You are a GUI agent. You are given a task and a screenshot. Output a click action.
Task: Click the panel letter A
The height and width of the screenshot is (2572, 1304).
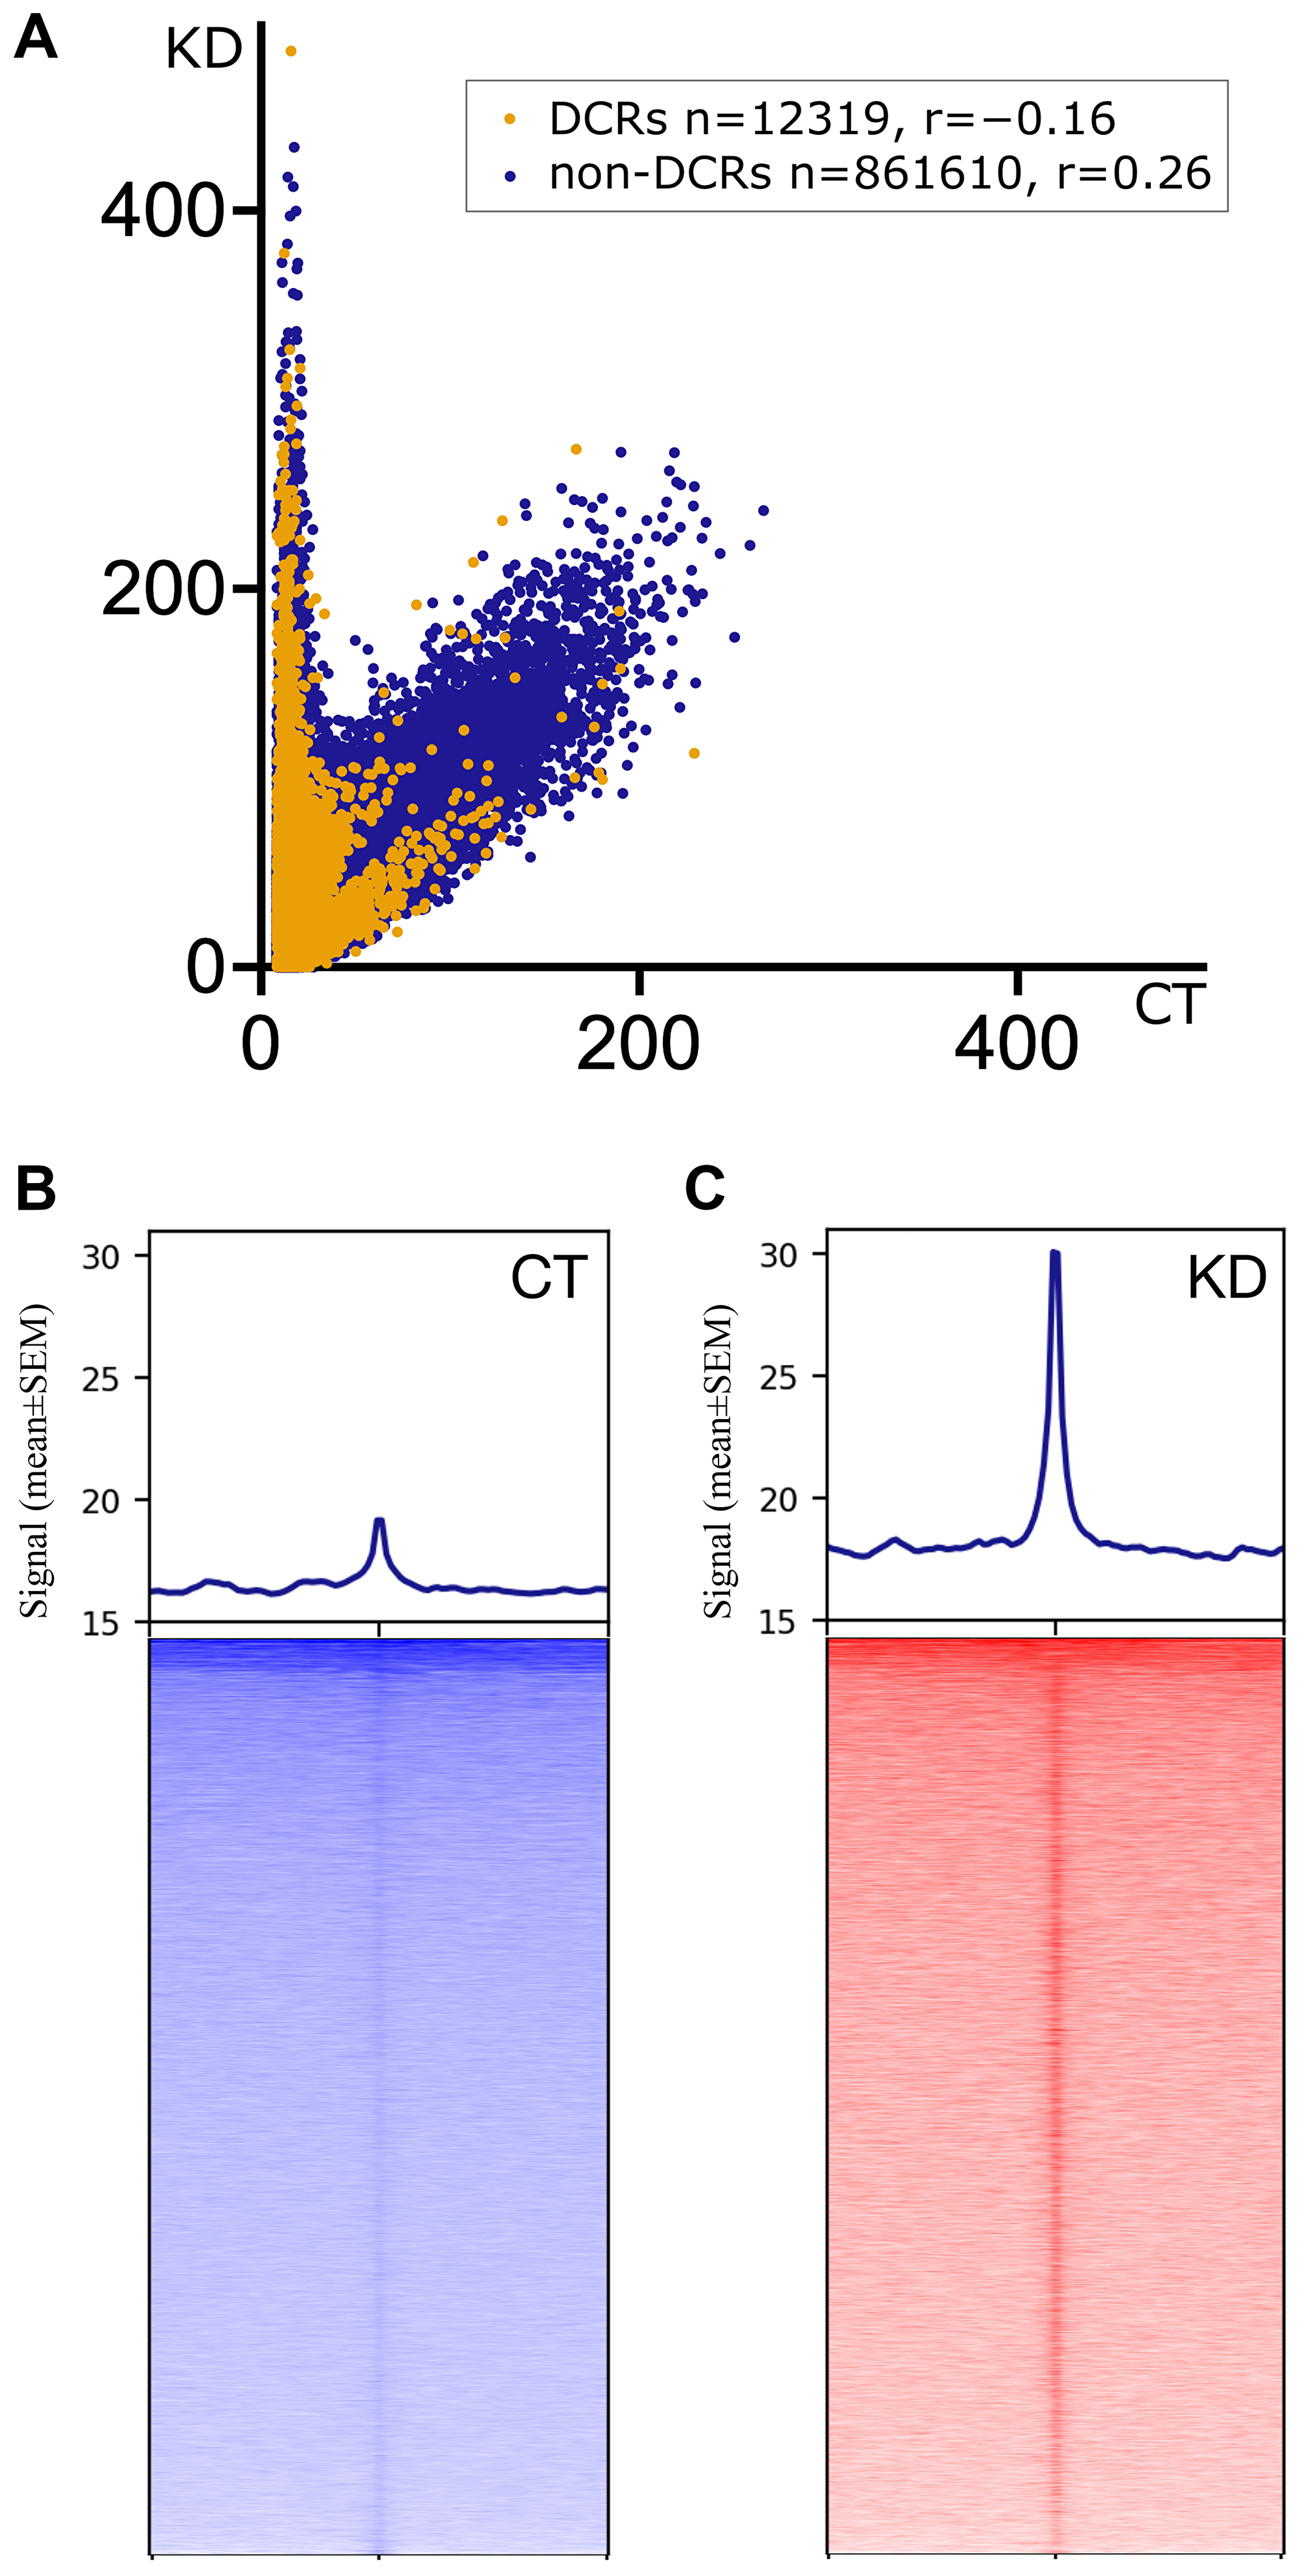tap(36, 40)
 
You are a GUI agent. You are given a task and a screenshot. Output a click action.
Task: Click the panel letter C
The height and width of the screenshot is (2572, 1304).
tap(704, 1188)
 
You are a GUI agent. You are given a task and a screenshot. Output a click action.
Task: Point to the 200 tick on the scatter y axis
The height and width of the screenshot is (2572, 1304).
tap(163, 590)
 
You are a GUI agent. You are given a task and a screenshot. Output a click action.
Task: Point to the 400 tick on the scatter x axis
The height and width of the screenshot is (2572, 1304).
tap(1016, 1044)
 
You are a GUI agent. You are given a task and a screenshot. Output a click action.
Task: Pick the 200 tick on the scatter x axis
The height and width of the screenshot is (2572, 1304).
tap(638, 1044)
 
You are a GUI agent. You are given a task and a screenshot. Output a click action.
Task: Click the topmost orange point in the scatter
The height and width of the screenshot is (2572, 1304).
tap(291, 51)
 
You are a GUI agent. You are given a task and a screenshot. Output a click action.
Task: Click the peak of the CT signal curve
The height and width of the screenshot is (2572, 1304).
tap(378, 1521)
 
